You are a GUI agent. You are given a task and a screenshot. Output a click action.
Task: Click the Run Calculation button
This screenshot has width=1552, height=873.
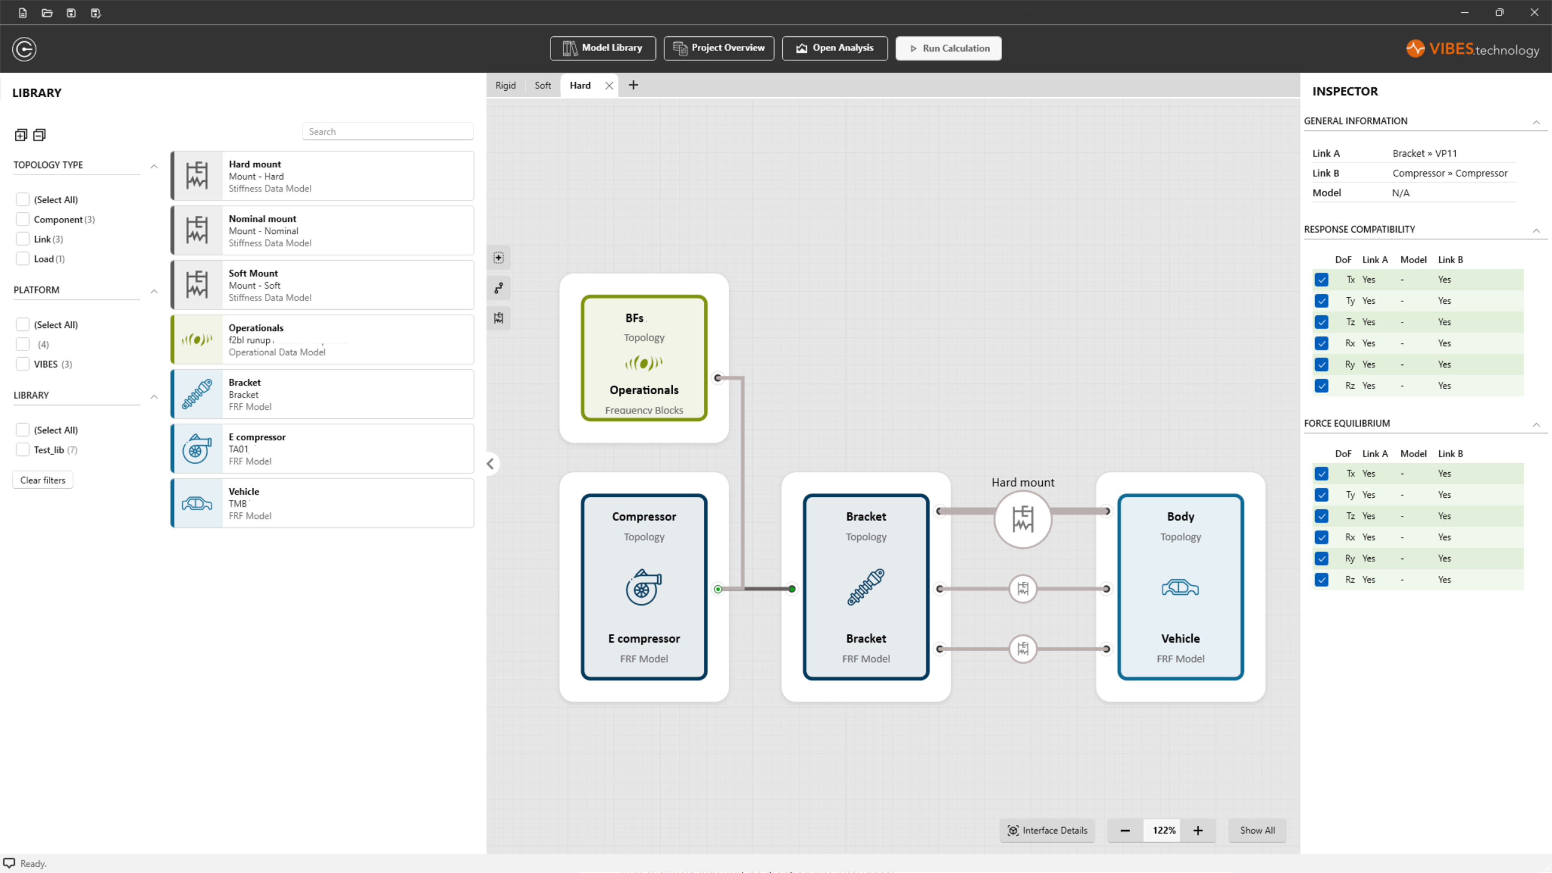coord(948,48)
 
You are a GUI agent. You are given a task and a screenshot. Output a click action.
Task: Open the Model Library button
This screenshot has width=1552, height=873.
coord(602,48)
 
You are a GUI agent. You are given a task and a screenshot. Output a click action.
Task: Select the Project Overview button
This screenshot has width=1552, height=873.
coord(719,48)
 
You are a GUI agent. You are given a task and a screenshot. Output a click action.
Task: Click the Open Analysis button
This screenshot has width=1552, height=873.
coord(835,48)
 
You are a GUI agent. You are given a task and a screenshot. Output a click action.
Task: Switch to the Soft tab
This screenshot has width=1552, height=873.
coord(542,86)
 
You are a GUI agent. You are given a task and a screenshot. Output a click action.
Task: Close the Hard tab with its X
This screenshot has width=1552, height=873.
coord(609,86)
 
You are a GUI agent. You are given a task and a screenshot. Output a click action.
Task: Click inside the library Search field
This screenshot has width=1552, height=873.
coord(387,131)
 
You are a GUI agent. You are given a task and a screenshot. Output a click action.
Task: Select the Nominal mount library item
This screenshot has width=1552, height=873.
coord(322,231)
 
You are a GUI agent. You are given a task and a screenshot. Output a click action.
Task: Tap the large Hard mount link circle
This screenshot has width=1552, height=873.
coord(1023,519)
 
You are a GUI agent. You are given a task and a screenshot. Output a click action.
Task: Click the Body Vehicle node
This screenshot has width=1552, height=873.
coord(1180,587)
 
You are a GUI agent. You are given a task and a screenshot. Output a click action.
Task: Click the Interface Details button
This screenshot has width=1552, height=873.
coord(1048,830)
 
